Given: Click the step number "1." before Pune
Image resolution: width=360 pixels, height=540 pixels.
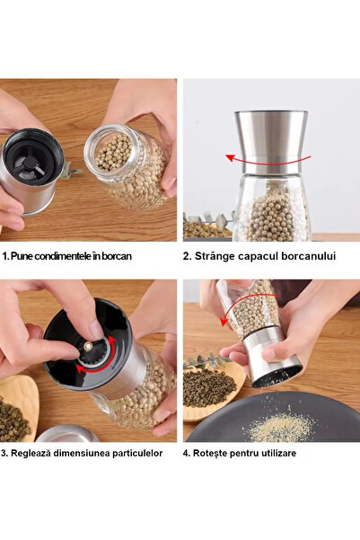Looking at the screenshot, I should pos(5,256).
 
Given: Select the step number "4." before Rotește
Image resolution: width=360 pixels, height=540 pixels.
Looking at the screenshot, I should pos(188,453).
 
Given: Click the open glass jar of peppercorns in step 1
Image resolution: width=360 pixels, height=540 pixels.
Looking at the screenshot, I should pos(128,169).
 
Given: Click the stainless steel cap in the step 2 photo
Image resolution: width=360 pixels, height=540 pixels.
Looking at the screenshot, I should pos(270,139).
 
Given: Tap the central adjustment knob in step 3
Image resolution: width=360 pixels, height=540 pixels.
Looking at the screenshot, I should pos(92,346).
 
